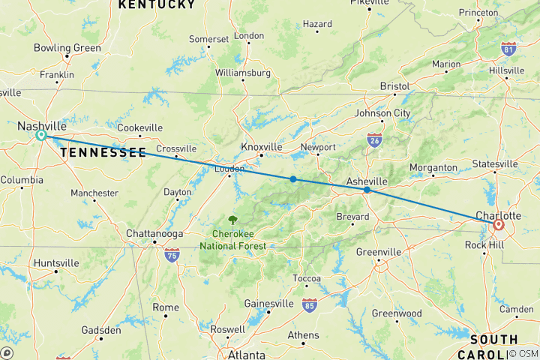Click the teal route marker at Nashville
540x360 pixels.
pos(40,136)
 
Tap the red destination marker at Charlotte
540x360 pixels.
pos(498,224)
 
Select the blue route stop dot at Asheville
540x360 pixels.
pos(367,190)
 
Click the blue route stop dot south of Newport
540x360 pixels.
pos(293,178)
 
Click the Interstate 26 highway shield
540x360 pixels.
pos(374,139)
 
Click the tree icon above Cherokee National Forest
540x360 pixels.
pos(232,220)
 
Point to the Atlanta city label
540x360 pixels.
pos(247,354)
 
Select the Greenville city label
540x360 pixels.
pos(378,252)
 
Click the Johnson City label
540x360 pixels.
pos(382,113)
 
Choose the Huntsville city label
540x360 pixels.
pos(56,263)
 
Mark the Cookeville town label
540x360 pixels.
pos(139,127)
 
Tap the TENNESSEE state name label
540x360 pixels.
pos(103,152)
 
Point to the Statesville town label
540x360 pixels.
pos(495,163)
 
